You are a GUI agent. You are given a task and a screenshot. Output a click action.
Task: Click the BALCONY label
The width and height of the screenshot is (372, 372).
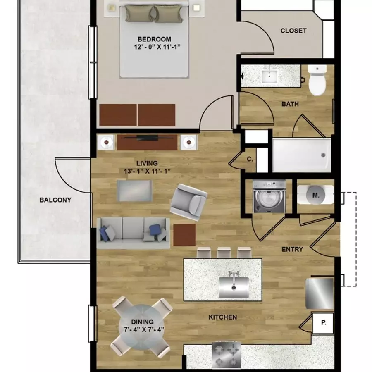coord(55,200)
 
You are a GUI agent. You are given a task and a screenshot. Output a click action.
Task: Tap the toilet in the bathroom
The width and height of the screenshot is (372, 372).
coord(317,80)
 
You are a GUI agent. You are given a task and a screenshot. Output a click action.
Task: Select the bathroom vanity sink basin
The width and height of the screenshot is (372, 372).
coord(269,76)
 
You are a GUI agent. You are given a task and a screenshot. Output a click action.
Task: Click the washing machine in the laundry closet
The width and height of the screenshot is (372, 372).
coord(269,196)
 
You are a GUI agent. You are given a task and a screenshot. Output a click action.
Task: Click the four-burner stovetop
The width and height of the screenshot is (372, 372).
coord(227,355)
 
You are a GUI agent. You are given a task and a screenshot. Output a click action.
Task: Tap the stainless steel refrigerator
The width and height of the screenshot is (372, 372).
coord(320,293)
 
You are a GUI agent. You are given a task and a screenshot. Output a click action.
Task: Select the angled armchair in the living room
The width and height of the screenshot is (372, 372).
coord(188,202)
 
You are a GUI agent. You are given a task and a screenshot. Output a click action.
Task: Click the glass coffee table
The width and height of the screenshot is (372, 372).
coord(134,191)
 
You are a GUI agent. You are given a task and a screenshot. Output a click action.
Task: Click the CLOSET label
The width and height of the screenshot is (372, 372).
coord(293,31)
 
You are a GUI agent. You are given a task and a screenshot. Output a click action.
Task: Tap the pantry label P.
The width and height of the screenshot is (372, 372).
coord(324,323)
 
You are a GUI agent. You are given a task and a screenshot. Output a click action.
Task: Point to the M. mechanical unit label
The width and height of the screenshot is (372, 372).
coord(316,195)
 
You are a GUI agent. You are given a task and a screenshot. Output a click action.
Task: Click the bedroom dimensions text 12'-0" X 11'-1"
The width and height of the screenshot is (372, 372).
coord(157,47)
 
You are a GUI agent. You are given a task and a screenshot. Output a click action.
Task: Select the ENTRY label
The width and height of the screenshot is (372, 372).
coord(292,249)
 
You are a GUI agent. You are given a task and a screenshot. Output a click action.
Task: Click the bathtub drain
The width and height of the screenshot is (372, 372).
coord(323,155)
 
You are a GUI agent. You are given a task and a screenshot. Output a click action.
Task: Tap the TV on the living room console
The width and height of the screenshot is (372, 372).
coord(147,137)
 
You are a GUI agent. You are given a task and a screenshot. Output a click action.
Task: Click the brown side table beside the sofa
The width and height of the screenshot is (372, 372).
coord(184,235)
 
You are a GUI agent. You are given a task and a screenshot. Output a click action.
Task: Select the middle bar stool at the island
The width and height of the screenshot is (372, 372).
coord(224,253)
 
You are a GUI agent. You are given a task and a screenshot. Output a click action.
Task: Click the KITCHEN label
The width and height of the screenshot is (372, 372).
coord(222,317)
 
